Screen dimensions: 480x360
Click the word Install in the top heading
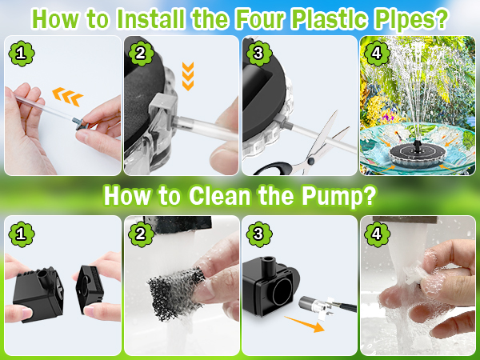[x=150, y=18]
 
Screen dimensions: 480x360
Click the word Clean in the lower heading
[x=219, y=195]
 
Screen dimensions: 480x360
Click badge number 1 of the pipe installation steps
[x=22, y=54]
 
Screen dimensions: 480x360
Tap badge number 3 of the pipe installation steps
[x=259, y=54]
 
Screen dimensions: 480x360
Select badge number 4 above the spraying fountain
[x=377, y=54]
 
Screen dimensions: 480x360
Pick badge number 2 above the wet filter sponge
[x=141, y=234]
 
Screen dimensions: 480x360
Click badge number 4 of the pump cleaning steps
[x=377, y=234]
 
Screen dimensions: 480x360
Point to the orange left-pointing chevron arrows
[x=68, y=97]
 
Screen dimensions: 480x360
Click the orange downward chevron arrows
[x=188, y=76]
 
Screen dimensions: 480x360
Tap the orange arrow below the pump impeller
[x=305, y=324]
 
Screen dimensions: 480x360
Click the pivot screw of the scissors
[x=310, y=161]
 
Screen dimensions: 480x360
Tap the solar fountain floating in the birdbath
[x=418, y=154]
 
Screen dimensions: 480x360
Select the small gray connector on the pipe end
[x=80, y=124]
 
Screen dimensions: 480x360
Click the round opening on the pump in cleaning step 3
[x=282, y=292]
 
